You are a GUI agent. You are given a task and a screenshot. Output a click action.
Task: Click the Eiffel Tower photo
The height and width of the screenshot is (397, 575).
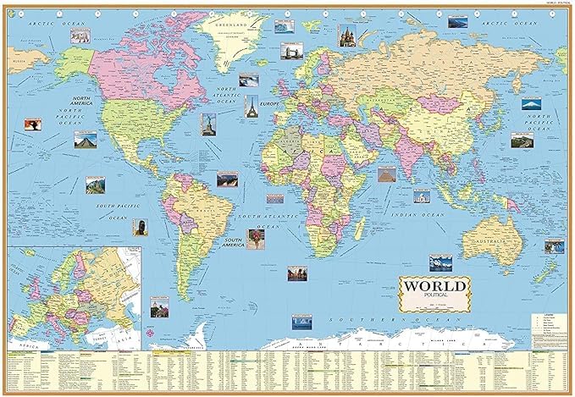coord(251,106)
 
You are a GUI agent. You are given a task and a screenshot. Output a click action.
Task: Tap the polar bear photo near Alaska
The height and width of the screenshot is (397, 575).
coord(81,35)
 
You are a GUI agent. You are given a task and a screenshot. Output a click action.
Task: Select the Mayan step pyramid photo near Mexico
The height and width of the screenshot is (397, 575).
coord(85,139)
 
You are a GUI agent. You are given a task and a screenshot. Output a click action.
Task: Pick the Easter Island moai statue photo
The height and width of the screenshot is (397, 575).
coord(140,227)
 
